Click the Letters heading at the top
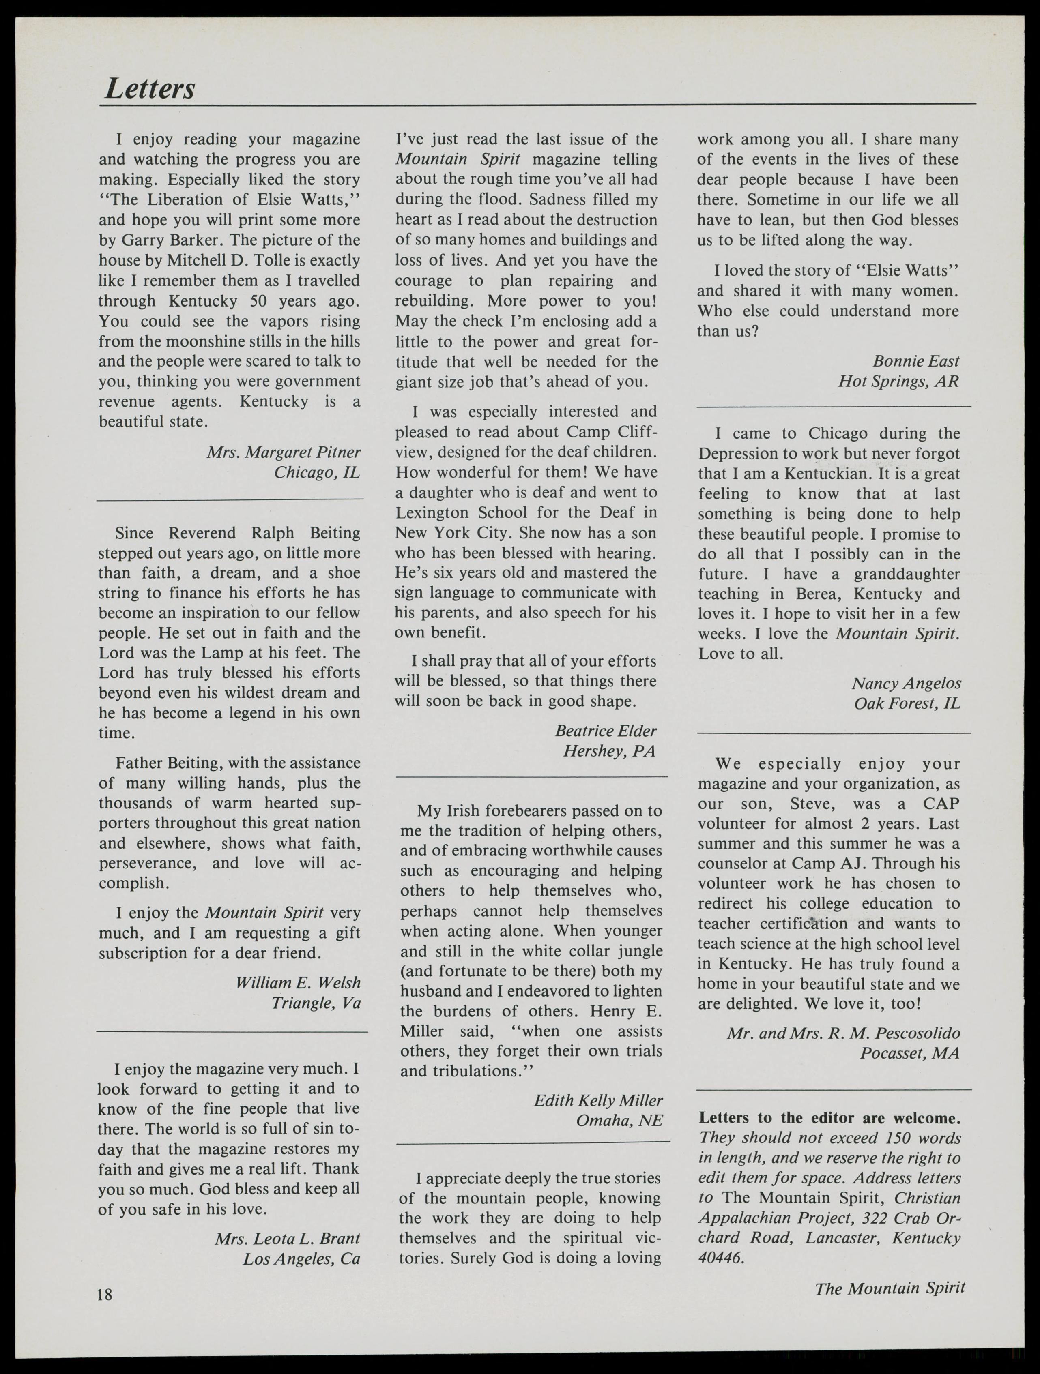pyautogui.click(x=150, y=88)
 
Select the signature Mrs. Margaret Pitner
pyautogui.click(x=283, y=452)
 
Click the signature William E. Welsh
pyautogui.click(x=298, y=983)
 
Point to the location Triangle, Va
pyautogui.click(x=316, y=1003)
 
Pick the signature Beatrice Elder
pyautogui.click(x=605, y=731)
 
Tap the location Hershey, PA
pyautogui.click(x=609, y=751)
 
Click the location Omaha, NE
pyautogui.click(x=619, y=1121)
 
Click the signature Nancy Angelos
pyautogui.click(x=906, y=683)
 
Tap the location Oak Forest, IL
pyautogui.click(x=907, y=703)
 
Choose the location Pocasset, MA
pyautogui.click(x=909, y=1053)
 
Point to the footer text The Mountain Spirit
pyautogui.click(x=890, y=1288)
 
